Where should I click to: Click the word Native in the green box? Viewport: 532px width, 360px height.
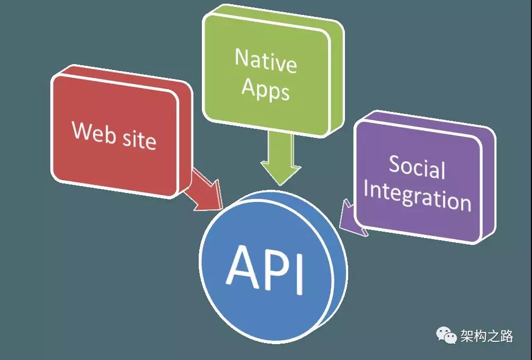[x=265, y=62]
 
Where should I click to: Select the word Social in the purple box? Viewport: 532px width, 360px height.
[x=417, y=168]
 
